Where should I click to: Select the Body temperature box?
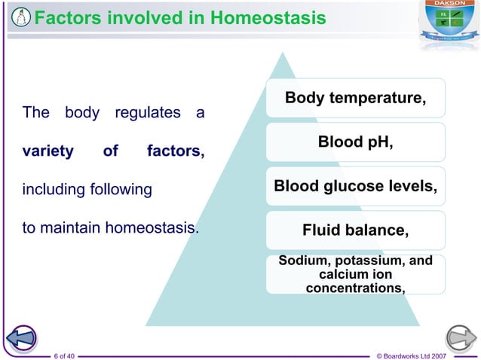coord(355,98)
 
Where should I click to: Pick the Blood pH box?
coord(355,142)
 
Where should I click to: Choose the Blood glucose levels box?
coord(355,185)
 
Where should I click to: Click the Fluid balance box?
coord(355,230)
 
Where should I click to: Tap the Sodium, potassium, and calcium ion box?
coord(355,275)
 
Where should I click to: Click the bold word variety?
coord(47,151)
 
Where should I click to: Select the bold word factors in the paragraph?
coord(175,151)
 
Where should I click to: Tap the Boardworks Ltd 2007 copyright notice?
coord(427,354)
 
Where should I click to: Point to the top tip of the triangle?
coord(283,53)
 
